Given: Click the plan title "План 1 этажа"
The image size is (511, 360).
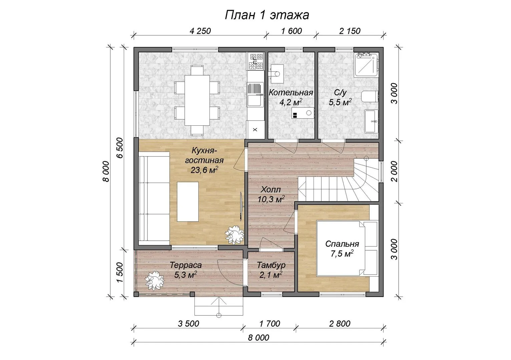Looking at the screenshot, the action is coord(267,15).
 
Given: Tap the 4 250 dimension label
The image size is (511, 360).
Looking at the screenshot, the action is coord(200,31).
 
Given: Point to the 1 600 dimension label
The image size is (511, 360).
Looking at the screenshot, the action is coord(292,31).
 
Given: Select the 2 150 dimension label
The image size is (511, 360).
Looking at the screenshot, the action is coord(350,31).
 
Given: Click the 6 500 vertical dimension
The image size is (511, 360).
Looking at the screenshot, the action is coord(119,148).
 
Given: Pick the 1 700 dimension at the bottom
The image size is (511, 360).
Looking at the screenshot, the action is coord(270,324).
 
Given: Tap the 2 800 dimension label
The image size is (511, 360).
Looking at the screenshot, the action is coord(340,324).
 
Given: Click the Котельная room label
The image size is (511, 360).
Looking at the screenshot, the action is coord(291,93).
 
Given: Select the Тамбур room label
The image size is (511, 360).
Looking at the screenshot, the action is coord(271,265).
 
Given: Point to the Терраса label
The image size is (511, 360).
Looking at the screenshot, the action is coord(186,265).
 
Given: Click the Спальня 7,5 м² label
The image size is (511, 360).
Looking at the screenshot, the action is coord(342,249).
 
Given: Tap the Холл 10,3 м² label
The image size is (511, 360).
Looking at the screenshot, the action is coord(271,194).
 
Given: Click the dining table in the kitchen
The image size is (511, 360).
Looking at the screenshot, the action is coord(197,100).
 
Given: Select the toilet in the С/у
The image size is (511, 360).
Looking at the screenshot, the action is coord(370,97).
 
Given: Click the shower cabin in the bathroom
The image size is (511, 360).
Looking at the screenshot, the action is coord(366,65).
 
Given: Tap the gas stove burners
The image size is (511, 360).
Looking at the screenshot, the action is coord(255,61).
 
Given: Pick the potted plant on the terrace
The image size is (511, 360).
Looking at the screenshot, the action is coord(155,280).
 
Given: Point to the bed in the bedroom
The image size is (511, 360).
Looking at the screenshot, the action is coord(347,249).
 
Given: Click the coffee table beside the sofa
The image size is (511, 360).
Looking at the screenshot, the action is coord(188,202).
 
